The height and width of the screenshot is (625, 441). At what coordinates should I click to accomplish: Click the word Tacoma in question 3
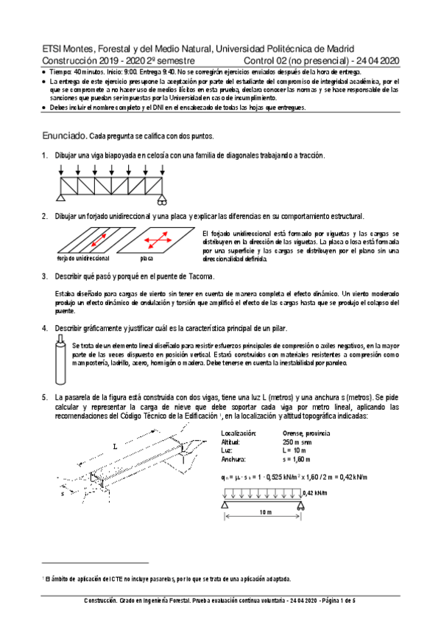point(202,276)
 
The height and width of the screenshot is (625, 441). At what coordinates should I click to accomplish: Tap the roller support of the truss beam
point(162,200)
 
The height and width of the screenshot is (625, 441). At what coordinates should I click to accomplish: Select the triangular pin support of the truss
point(60,198)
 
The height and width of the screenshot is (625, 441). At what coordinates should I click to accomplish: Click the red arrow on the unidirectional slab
point(99,240)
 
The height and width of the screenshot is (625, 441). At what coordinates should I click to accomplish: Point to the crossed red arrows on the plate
point(158,240)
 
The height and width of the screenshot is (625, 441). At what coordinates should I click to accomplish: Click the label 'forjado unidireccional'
point(83,259)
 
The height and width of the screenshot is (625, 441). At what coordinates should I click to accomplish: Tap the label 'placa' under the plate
point(147,259)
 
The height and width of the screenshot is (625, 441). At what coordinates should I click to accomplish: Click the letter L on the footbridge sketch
point(116,447)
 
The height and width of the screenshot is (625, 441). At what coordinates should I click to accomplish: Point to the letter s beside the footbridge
point(63,494)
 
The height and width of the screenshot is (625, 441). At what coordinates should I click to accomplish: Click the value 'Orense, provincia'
point(306,433)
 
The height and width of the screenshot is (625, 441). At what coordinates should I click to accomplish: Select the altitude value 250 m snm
point(297,442)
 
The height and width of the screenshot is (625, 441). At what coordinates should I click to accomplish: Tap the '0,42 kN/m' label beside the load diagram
point(315,493)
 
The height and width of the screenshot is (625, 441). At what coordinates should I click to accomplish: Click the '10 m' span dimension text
point(266,512)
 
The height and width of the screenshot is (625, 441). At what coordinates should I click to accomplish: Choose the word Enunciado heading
point(65,136)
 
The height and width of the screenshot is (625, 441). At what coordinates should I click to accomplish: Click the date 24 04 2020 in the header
point(378,61)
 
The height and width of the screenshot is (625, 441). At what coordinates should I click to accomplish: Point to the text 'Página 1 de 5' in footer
point(339,601)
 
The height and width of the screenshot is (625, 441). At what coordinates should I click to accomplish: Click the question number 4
point(45,329)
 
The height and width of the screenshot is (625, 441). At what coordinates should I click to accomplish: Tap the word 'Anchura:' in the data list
point(233,459)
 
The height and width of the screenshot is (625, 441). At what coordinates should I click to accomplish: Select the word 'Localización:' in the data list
point(239,433)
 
